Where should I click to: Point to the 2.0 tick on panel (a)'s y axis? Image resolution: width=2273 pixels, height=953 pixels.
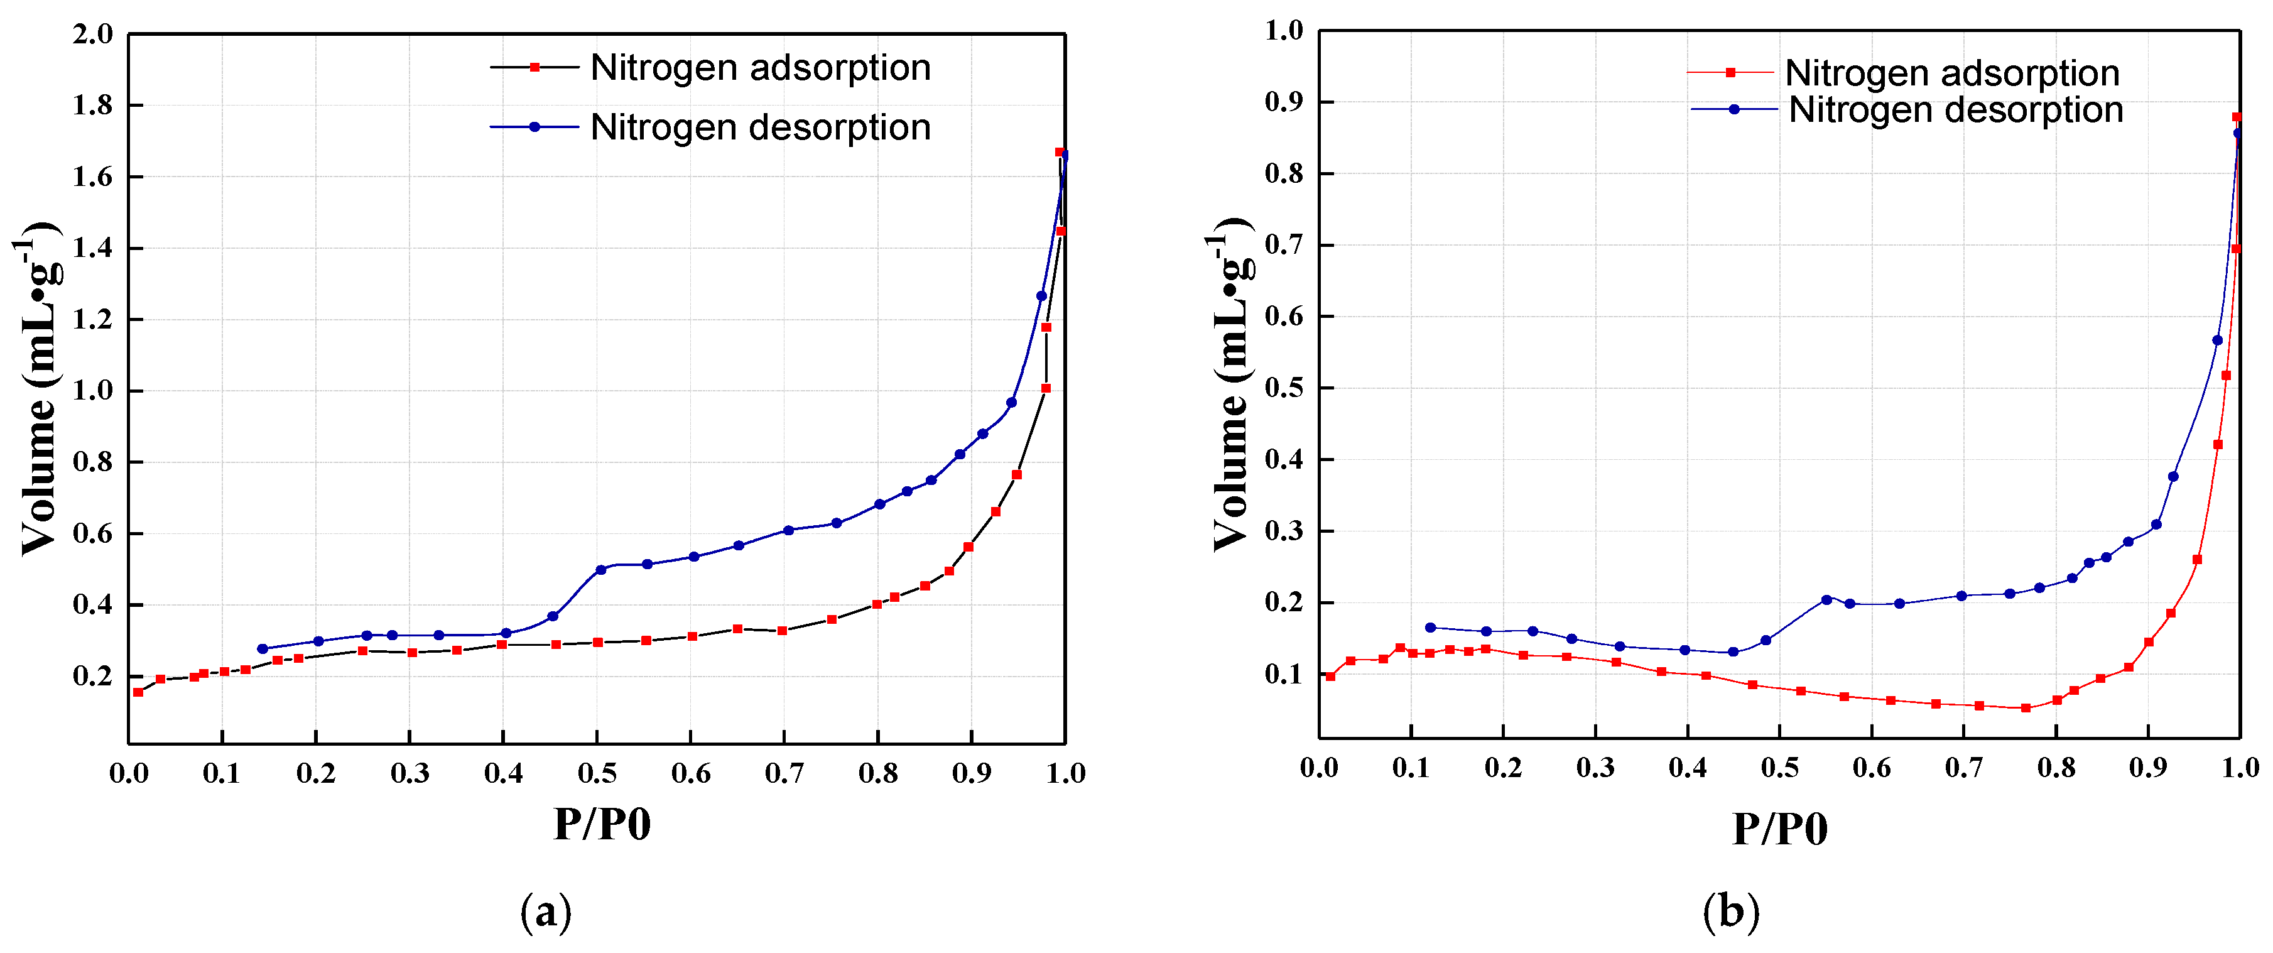click(x=93, y=35)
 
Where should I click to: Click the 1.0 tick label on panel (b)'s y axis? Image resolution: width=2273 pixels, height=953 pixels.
click(x=1284, y=31)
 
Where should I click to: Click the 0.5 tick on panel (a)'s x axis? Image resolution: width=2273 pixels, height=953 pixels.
click(x=597, y=774)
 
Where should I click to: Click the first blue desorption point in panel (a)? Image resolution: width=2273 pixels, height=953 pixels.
click(x=262, y=648)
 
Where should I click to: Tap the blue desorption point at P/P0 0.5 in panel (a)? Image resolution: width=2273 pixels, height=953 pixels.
click(x=601, y=570)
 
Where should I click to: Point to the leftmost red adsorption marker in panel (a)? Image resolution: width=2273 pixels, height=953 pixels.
click(x=138, y=692)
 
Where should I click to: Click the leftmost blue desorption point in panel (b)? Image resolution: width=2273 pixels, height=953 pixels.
click(x=1430, y=628)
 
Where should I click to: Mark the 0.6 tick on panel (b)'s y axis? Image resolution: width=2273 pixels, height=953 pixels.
click(x=1284, y=317)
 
